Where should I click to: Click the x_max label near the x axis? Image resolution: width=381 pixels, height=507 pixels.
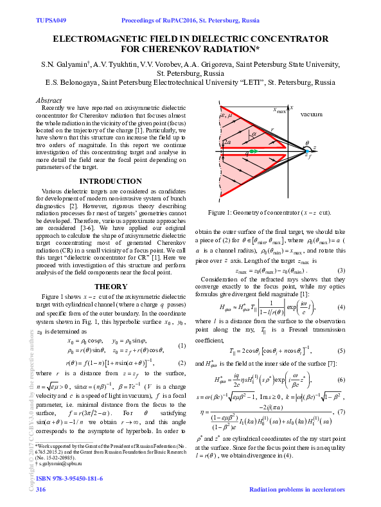click(280, 110)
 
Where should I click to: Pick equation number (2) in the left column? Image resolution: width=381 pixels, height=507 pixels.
click(182, 363)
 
